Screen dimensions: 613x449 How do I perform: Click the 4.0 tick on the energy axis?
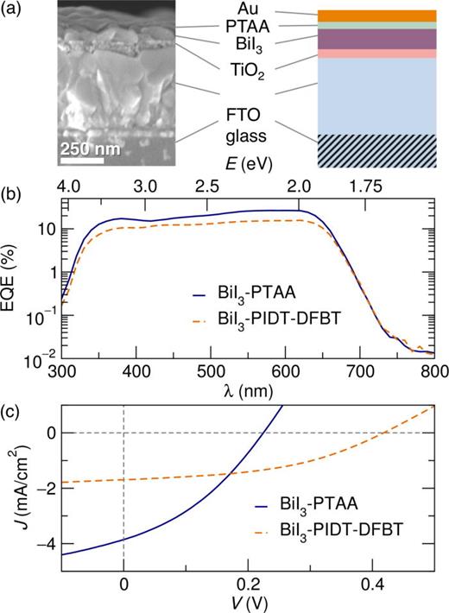tap(67, 186)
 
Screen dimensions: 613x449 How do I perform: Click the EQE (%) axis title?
tap(12, 275)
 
